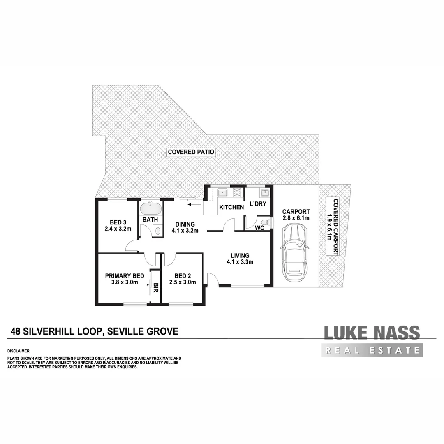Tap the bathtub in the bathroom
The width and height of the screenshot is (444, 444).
[x=151, y=208]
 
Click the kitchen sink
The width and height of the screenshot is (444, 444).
[x=223, y=192]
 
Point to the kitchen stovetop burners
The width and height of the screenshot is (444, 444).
[x=237, y=192]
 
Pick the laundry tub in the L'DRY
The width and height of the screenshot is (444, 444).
[x=264, y=192]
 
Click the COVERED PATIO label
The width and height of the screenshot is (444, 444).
[x=191, y=152]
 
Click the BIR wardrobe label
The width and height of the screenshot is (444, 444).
[x=155, y=287]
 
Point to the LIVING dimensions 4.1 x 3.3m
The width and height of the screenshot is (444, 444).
[x=239, y=262]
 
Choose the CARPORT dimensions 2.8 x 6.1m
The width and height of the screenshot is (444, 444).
[x=296, y=218]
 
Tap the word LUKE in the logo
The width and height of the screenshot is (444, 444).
[x=345, y=333]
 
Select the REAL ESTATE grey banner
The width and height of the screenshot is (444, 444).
[x=373, y=351]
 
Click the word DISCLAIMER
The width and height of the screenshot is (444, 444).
[x=18, y=351]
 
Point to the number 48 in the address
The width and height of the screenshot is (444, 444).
[x=16, y=331]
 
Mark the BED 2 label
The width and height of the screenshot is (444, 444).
[x=183, y=275]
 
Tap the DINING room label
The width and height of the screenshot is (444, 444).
[x=185, y=224]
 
